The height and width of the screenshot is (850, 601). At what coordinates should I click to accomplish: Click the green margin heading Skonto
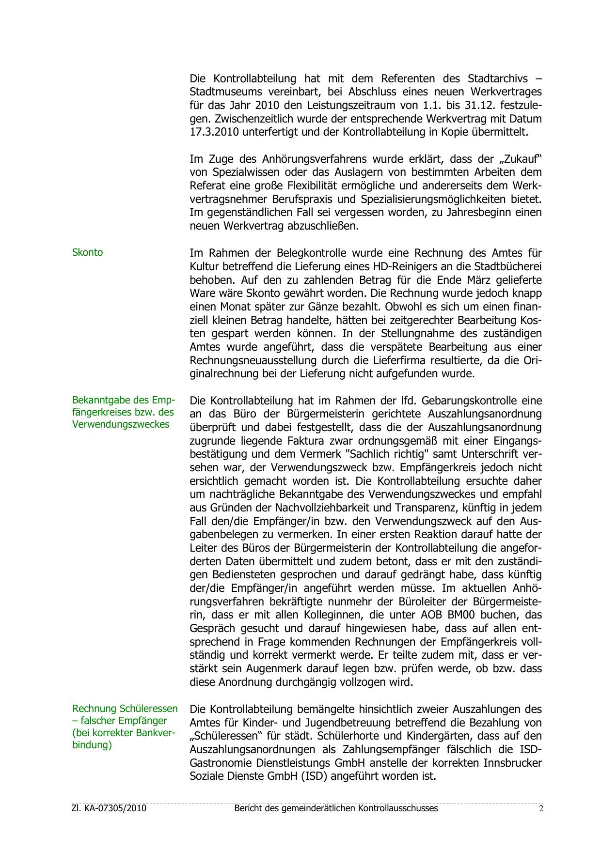[x=87, y=252]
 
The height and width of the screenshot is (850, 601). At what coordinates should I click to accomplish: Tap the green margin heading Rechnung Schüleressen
[x=125, y=709]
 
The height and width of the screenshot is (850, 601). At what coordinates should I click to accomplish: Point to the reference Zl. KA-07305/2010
[x=109, y=808]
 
